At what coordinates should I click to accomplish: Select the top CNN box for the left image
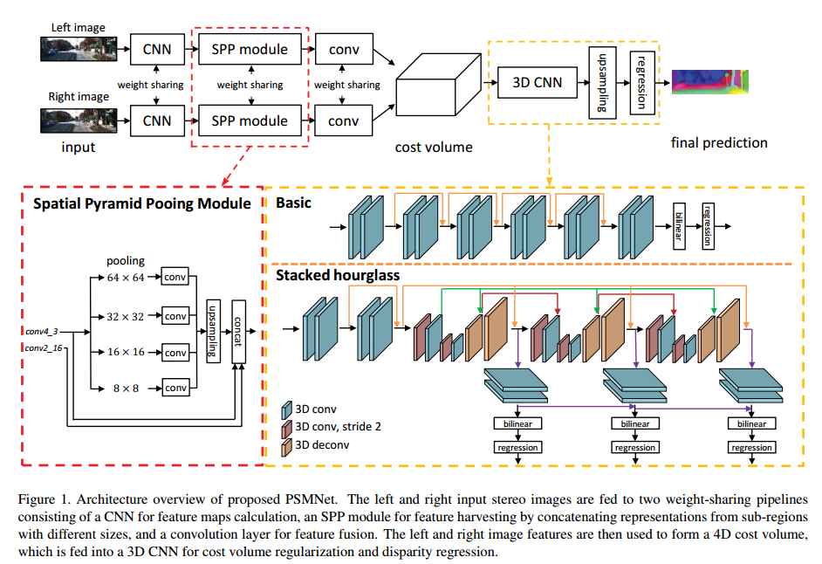point(157,49)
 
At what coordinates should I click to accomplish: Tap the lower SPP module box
point(250,120)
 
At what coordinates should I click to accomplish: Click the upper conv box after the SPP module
point(343,49)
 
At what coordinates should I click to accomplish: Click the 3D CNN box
point(536,83)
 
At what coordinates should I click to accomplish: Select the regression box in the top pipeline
point(641,83)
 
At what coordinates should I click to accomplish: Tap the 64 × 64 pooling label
point(126,278)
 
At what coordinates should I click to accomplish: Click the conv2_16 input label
point(44,349)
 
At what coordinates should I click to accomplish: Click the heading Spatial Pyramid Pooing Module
point(141,203)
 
